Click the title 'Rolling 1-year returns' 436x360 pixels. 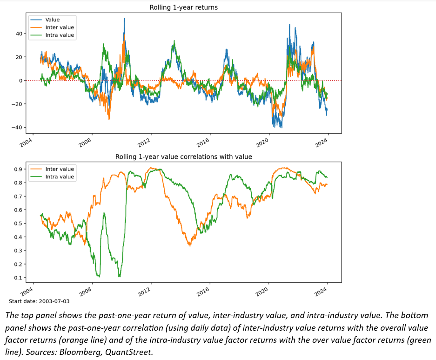[183, 7]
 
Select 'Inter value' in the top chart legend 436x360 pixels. [59, 27]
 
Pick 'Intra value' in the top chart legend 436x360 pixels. [59, 35]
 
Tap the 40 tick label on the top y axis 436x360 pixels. [18, 34]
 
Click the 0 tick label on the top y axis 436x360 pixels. [20, 81]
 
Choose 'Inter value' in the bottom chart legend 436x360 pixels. [59, 169]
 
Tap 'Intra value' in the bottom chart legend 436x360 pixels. [59, 177]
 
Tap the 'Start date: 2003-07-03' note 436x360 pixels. [39, 301]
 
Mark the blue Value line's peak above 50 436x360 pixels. [124, 19]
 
